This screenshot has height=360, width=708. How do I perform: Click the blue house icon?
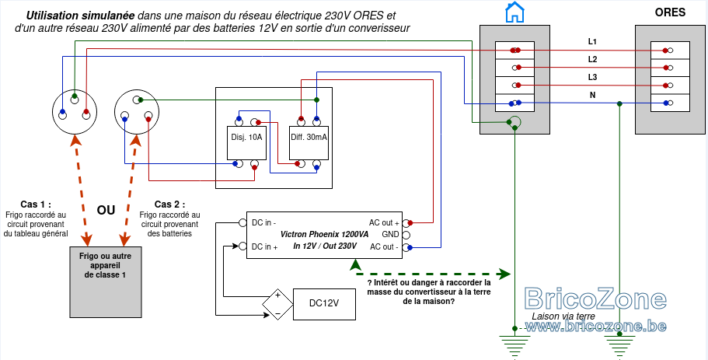tap(514, 12)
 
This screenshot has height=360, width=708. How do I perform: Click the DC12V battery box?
tap(324, 304)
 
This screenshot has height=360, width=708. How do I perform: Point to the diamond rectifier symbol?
tap(277, 304)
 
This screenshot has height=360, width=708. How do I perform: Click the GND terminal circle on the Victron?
tap(406, 235)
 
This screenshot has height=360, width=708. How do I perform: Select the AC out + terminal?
tap(406, 222)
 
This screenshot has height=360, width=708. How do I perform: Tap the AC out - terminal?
tap(406, 247)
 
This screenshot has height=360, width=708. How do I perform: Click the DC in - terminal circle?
tap(242, 222)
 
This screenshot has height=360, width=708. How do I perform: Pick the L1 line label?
tap(592, 41)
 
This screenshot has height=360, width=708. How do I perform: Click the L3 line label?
tap(592, 77)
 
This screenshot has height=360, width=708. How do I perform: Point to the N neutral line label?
tap(592, 96)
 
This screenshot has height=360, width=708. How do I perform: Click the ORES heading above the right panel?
tap(670, 12)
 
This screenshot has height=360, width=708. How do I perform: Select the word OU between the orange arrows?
tap(106, 210)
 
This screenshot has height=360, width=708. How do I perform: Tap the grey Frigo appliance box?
tap(106, 281)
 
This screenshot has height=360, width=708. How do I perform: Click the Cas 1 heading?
tap(36, 204)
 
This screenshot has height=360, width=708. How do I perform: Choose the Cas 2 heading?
tap(169, 204)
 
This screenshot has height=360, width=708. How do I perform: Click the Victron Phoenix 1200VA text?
tap(324, 235)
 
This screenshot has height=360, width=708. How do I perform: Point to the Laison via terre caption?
tap(563, 316)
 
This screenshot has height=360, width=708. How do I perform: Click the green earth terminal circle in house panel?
tap(514, 122)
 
